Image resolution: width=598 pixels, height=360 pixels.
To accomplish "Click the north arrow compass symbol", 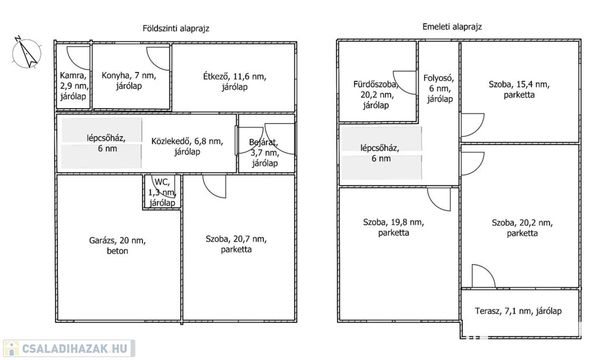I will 25,51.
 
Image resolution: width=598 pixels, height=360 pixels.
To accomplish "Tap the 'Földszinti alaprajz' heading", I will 176,28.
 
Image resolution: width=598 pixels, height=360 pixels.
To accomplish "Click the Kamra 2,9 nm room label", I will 74,85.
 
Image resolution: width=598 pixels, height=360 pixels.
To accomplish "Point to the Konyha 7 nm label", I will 128,80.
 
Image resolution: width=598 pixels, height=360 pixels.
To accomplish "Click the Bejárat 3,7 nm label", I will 266,153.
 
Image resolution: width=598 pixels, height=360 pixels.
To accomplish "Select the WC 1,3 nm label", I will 162,192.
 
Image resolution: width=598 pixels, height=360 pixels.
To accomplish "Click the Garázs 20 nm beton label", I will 117,245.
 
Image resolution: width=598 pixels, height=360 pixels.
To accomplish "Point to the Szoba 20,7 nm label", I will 236,244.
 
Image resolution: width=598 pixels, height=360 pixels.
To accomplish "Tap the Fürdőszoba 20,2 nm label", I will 376,94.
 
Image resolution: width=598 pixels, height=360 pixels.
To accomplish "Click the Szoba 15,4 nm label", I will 519,89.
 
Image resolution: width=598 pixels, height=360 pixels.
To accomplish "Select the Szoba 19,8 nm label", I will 393,227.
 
